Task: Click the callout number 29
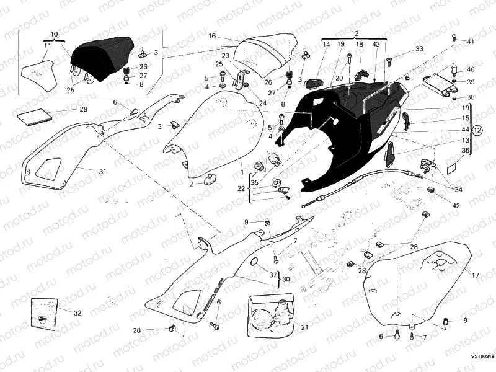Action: (x=83, y=109)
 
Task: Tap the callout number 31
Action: (x=103, y=170)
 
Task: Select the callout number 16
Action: (x=211, y=36)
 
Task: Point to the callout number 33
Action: (x=420, y=48)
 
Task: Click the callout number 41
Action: (x=471, y=42)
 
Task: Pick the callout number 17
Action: (x=476, y=275)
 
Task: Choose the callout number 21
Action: (x=304, y=327)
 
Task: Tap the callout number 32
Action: (x=77, y=313)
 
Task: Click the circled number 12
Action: (x=477, y=130)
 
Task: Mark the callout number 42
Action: (x=456, y=205)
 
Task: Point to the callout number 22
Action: (x=241, y=188)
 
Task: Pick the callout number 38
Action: (x=471, y=97)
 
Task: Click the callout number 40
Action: (x=471, y=69)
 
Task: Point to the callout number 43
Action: (x=376, y=45)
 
